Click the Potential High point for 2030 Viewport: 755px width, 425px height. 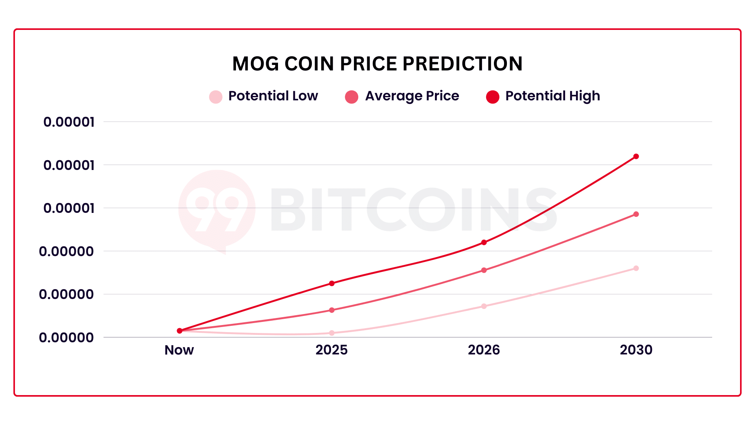[636, 157]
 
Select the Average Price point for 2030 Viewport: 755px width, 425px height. [636, 214]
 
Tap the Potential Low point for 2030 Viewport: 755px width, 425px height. [636, 268]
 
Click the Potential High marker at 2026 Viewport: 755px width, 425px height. [484, 242]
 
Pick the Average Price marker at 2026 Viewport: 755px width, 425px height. [484, 270]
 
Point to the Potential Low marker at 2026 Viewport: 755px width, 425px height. [484, 306]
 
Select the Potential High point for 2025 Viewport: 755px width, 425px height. [332, 283]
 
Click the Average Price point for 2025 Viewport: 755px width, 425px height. [332, 310]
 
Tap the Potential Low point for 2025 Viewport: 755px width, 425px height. [332, 333]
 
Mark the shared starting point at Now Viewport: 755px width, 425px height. [180, 331]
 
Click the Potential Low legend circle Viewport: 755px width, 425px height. [216, 97]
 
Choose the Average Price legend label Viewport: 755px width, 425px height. [412, 96]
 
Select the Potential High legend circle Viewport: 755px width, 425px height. [493, 97]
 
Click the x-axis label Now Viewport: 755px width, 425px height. [179, 350]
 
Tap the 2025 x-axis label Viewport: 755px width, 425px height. [331, 350]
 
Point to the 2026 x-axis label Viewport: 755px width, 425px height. [484, 350]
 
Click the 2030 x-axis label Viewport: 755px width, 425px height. [636, 350]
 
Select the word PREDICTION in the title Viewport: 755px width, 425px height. [463, 64]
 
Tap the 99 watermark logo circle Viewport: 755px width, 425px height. [217, 209]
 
